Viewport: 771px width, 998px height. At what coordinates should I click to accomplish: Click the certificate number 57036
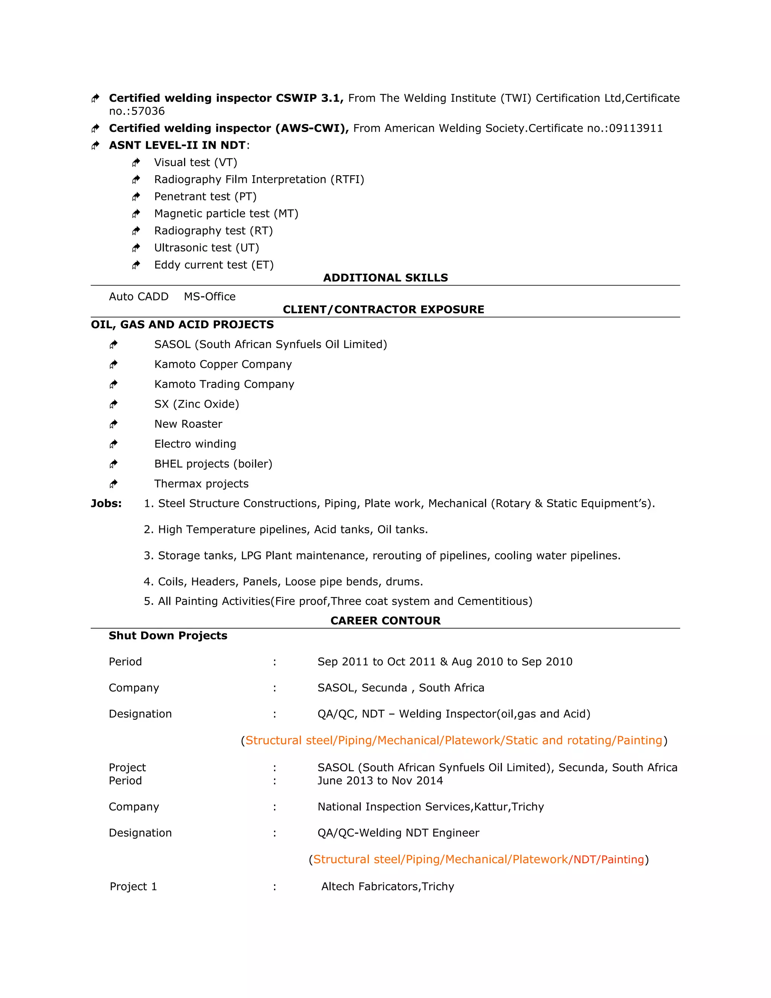click(148, 111)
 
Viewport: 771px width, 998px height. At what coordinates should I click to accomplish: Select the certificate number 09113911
click(635, 128)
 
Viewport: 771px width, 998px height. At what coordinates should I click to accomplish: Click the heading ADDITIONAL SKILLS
click(385, 278)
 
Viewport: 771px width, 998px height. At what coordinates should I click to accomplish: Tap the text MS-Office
click(210, 296)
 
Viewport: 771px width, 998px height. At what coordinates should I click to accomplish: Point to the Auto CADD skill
click(139, 296)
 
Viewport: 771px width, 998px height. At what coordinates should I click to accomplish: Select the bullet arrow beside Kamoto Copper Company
click(113, 364)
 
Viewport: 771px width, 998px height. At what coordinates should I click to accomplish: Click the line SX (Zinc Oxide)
click(197, 404)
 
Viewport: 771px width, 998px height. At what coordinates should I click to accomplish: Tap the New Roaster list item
click(188, 424)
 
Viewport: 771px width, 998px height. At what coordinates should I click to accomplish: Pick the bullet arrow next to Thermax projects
click(113, 484)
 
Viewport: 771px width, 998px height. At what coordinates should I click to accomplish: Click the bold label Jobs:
click(106, 503)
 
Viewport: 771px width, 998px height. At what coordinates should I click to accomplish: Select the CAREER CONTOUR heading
click(385, 620)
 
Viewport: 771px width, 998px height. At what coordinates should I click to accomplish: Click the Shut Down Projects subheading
click(168, 635)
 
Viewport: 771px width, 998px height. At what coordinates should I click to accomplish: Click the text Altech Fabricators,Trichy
click(387, 886)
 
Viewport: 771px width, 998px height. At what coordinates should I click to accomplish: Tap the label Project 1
click(133, 886)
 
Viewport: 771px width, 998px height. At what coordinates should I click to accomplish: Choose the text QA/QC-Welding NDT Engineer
click(398, 833)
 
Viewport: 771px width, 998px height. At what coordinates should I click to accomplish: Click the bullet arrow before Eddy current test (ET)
click(136, 265)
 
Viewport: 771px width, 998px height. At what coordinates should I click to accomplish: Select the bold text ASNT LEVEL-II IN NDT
click(177, 145)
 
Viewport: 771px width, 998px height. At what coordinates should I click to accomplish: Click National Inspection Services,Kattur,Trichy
click(430, 807)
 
